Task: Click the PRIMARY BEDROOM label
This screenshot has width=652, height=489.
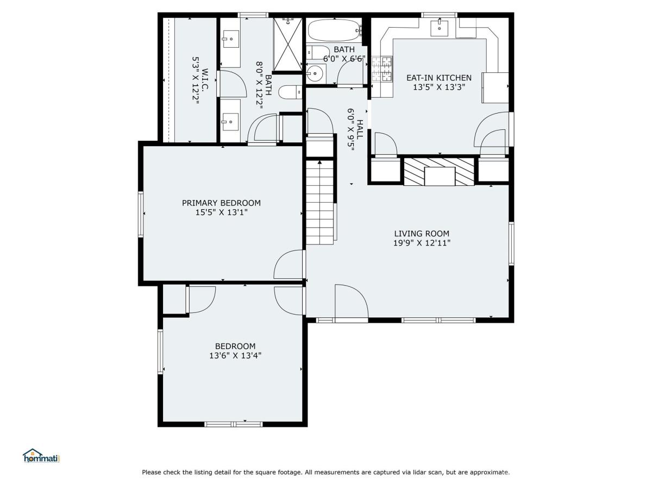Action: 221,203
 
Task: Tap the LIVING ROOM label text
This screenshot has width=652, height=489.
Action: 422,234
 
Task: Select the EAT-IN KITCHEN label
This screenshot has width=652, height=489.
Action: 438,78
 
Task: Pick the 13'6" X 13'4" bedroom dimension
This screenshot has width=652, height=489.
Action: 235,355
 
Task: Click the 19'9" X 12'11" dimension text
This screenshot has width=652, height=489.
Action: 422,243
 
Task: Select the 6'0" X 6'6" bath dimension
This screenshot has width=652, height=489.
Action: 344,59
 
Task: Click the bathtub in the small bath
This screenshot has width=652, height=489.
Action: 335,30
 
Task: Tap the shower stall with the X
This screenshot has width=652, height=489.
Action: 288,44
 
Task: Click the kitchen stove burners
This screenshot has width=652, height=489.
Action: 382,69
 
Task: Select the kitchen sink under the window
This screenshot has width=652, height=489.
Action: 440,27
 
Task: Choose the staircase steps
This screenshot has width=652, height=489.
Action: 319,202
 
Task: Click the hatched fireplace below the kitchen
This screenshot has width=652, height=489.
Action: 439,172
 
